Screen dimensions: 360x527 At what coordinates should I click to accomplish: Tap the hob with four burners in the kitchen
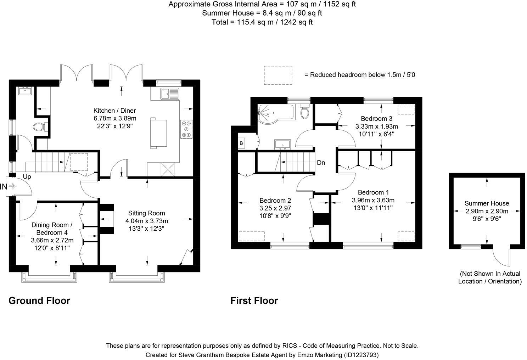click(x=187, y=129)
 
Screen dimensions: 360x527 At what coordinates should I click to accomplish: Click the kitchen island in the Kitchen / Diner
click(x=159, y=133)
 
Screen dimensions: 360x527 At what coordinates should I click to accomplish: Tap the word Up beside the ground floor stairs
click(x=27, y=176)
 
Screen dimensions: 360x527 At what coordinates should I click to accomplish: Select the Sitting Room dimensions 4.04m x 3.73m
click(x=146, y=221)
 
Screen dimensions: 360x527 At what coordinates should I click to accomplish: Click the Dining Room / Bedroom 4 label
click(x=52, y=229)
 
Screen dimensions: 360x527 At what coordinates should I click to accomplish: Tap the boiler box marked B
click(x=242, y=143)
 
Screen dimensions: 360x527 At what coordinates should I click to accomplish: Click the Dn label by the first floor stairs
click(x=321, y=163)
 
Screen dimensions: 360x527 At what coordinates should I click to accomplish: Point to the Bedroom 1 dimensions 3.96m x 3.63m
click(x=373, y=200)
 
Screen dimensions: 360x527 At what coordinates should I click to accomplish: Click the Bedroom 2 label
click(x=275, y=201)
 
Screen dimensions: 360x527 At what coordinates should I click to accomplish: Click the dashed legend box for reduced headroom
click(x=278, y=75)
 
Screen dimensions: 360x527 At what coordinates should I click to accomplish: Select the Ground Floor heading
click(x=39, y=301)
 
